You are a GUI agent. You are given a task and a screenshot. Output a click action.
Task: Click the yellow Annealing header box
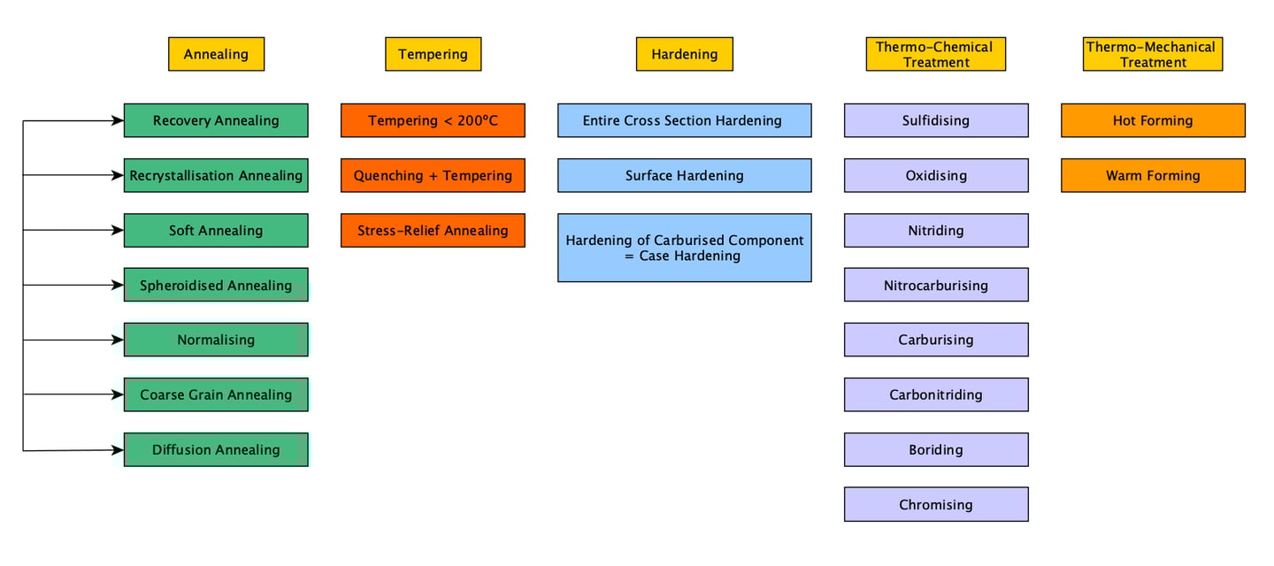click(x=216, y=54)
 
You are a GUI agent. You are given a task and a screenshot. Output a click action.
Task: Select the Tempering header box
click(x=433, y=54)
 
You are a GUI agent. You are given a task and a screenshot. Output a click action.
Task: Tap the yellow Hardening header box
click(x=684, y=54)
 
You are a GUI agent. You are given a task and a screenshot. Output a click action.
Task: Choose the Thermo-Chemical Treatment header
click(x=935, y=54)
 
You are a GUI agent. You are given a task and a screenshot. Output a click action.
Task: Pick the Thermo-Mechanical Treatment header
click(x=1152, y=54)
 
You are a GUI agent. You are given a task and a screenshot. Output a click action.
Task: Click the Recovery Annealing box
click(x=216, y=120)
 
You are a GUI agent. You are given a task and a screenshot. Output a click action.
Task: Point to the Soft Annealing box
click(x=216, y=230)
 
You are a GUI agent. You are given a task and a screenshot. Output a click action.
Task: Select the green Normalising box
click(x=216, y=340)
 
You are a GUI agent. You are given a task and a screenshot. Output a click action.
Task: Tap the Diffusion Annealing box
click(x=216, y=449)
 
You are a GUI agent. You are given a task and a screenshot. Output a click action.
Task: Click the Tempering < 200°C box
click(x=433, y=120)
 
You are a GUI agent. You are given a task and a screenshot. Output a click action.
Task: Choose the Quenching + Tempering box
click(x=433, y=175)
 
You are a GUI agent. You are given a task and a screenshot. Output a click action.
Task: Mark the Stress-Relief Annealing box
click(x=433, y=230)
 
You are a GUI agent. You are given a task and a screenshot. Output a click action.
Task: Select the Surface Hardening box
click(x=684, y=175)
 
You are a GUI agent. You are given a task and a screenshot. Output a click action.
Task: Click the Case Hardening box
click(x=684, y=248)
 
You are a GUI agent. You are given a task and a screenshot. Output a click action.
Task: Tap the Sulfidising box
click(x=935, y=120)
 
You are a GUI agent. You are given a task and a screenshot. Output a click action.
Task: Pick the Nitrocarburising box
click(x=935, y=285)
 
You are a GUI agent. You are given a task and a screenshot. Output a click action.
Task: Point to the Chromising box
click(x=935, y=504)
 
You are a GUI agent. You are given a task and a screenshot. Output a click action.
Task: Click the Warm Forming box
click(x=1152, y=175)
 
